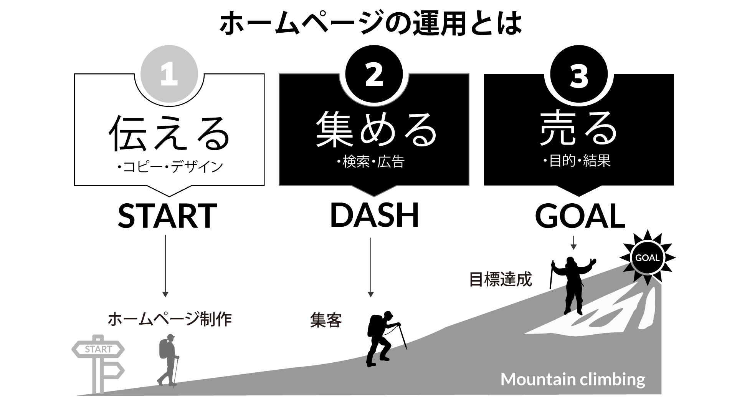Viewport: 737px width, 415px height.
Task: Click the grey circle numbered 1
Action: pyautogui.click(x=169, y=74)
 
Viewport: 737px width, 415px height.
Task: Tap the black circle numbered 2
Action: pyautogui.click(x=374, y=74)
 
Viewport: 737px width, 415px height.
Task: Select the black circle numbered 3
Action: pyautogui.click(x=579, y=74)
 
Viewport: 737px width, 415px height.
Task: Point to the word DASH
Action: pyautogui.click(x=374, y=215)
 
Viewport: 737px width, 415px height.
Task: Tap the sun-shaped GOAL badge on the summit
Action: pyautogui.click(x=647, y=258)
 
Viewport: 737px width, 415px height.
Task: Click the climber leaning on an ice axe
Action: pyautogui.click(x=382, y=339)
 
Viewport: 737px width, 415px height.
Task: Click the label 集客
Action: pyautogui.click(x=326, y=320)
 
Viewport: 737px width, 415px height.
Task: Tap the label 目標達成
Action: pyautogui.click(x=501, y=279)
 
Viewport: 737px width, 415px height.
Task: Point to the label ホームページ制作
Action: pyautogui.click(x=170, y=319)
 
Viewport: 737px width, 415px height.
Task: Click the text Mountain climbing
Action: pyautogui.click(x=573, y=379)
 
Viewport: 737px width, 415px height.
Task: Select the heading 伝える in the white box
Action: pyautogui.click(x=169, y=133)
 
